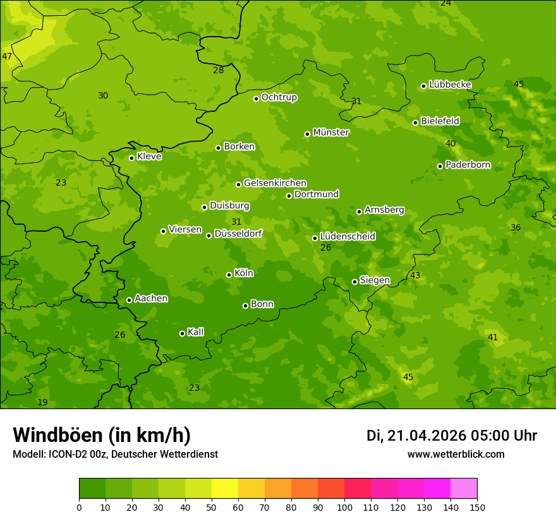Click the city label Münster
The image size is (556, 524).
tap(330, 133)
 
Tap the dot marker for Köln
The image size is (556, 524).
tap(229, 275)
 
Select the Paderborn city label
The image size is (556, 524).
tap(468, 165)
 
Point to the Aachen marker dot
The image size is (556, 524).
tap(129, 300)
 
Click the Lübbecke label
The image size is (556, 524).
tap(450, 84)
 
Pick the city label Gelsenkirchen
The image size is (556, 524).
tap(275, 183)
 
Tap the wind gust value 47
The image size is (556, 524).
tap(7, 56)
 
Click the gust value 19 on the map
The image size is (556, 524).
tap(42, 402)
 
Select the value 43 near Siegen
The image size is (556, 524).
tap(415, 275)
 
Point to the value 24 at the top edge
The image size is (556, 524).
tap(446, 3)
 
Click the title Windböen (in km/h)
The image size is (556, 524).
tap(102, 435)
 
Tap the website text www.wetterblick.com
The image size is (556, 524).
tap(456, 454)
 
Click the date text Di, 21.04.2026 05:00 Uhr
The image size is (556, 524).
tap(452, 436)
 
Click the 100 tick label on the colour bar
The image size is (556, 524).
tap(344, 507)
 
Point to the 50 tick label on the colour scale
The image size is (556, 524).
tap(212, 507)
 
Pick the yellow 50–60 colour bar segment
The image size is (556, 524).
tap(225, 489)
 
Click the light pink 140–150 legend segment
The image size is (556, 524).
tap(464, 489)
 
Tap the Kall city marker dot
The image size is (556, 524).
tap(182, 333)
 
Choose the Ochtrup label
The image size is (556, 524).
tap(279, 97)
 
